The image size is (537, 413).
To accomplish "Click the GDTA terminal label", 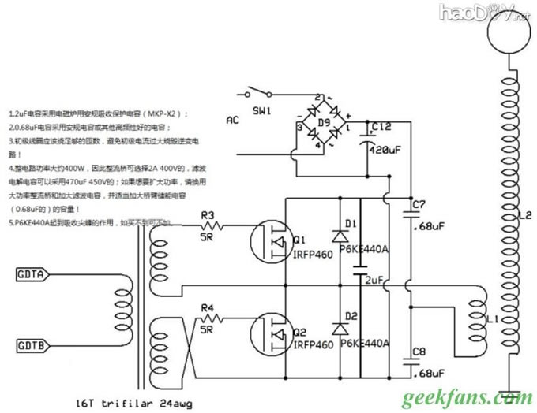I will [x=30, y=275].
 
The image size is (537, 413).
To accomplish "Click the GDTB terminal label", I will [x=30, y=344].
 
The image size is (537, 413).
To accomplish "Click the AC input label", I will [x=232, y=121].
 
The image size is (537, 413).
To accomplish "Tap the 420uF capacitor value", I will [x=387, y=148].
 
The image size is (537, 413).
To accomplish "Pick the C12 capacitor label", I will [x=381, y=126].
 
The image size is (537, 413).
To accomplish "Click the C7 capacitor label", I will [x=419, y=206].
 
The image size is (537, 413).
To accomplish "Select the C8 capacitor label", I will [x=419, y=352].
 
